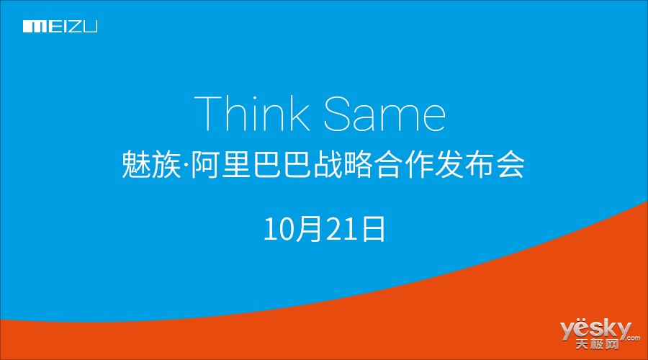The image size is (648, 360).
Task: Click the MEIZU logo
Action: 60,27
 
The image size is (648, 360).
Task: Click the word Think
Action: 252,113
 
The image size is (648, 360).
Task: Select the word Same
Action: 384,114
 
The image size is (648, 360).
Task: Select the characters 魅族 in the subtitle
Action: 151,164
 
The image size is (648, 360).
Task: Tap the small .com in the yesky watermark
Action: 633,338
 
